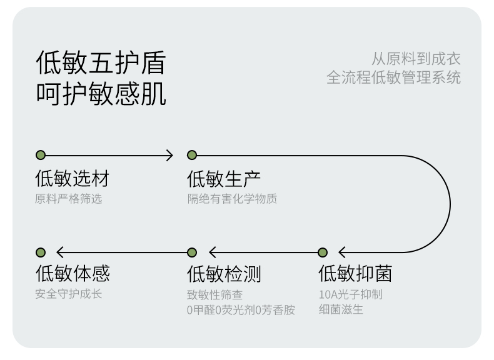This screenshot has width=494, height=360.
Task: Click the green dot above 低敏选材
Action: pos(41,155)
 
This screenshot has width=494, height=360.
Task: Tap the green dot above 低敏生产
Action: pos(192,155)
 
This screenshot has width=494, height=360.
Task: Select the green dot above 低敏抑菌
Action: pos(323,252)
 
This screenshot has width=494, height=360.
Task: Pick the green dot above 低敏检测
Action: pos(192,252)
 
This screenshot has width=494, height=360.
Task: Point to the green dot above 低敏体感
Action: pos(41,252)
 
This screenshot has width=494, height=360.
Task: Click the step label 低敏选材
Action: pos(73,178)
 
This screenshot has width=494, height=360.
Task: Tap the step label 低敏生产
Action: pos(224,179)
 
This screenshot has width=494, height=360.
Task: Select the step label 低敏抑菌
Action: pos(355,273)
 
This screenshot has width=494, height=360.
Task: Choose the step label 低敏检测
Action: pos(224,273)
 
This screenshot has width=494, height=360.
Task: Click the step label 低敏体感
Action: pos(73,272)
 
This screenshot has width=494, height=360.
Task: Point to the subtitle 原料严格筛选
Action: pos(69,199)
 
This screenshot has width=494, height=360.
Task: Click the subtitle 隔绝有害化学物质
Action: pos(232,199)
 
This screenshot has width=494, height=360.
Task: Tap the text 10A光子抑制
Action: pos(351,294)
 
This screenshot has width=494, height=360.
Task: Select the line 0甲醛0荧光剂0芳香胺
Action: pos(241,310)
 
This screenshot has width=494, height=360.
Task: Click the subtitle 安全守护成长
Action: pos(69,294)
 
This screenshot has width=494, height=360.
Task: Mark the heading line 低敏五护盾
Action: pos(101,62)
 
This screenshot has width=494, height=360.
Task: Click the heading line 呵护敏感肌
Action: pos(101,94)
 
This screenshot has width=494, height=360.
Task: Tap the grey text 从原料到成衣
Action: pos(416,59)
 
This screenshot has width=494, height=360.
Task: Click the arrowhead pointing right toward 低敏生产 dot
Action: pos(170,155)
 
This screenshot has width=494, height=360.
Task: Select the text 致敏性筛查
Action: pos(215,295)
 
